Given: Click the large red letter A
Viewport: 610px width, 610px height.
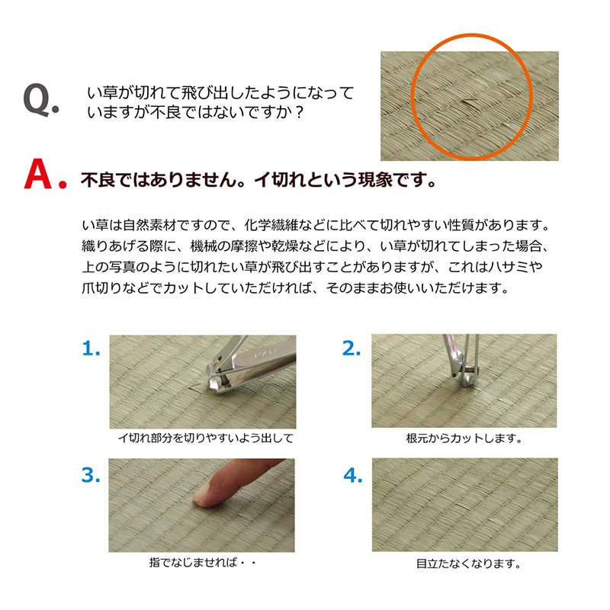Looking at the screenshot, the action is pos(38,174).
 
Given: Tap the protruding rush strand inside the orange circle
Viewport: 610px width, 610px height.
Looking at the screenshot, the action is pos(469,101).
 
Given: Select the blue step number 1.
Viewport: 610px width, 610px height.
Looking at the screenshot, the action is pos(91,348).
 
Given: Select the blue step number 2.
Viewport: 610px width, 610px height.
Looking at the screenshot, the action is pos(352,348).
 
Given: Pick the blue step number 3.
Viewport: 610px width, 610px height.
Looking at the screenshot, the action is pos(91,475).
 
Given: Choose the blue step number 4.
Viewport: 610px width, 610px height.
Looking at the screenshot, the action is pos(353,475).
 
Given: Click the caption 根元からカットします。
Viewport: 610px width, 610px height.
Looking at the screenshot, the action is pos(464,438).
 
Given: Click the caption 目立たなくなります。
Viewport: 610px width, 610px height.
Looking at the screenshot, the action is pos(468,563).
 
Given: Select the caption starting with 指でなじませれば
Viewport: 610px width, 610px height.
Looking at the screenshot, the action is pos(202,563).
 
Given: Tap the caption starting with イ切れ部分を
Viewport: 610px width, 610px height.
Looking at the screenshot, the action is pos(205,438).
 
